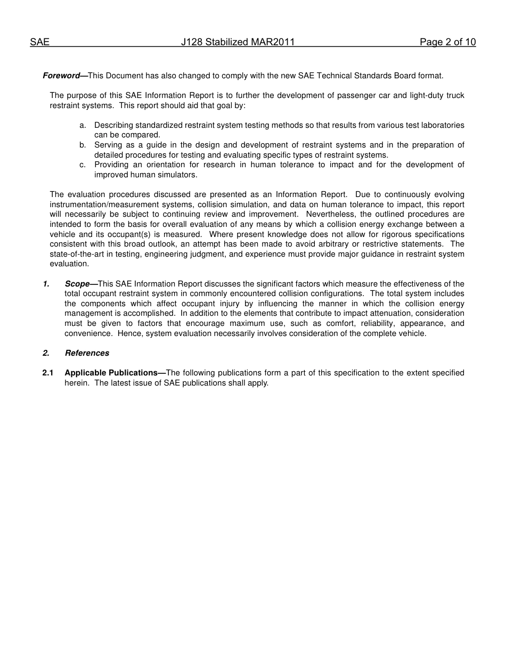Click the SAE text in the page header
(x=39, y=43)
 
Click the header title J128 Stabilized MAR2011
(x=238, y=43)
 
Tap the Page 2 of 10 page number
(x=447, y=43)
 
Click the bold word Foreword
(x=61, y=76)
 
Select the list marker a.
(x=83, y=125)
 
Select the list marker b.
(x=83, y=145)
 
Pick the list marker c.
(x=83, y=165)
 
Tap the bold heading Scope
(x=77, y=284)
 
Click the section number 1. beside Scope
(x=46, y=284)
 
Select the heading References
(x=87, y=353)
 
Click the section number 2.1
(x=48, y=373)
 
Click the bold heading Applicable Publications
(x=111, y=373)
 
